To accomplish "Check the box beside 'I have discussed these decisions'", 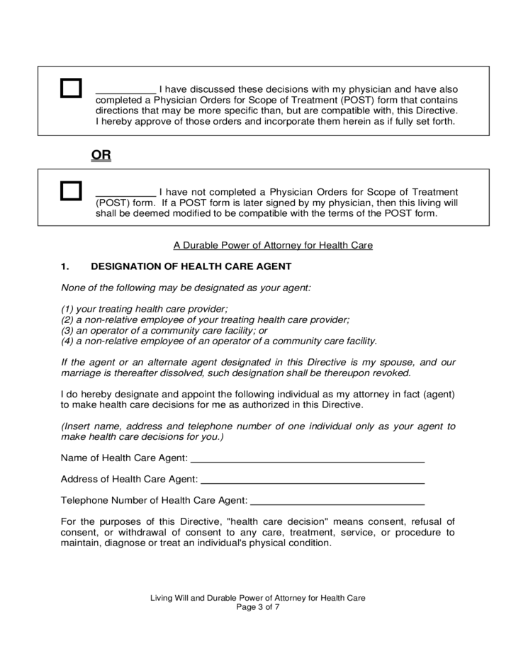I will (x=71, y=89).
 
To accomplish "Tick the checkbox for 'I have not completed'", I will (x=71, y=191).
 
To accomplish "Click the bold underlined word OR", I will (x=101, y=154).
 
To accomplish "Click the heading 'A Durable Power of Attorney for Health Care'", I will (x=273, y=245).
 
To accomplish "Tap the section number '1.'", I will (x=65, y=266).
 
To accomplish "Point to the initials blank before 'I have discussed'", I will (x=125, y=91).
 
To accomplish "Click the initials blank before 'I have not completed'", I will (x=125, y=193).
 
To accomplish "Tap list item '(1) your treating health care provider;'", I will (x=145, y=309).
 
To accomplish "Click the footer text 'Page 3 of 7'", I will (x=257, y=608).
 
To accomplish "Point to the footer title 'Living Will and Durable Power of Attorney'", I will (x=257, y=598).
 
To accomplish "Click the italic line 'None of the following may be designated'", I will (x=186, y=288).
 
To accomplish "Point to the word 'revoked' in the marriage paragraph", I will (x=392, y=373).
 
